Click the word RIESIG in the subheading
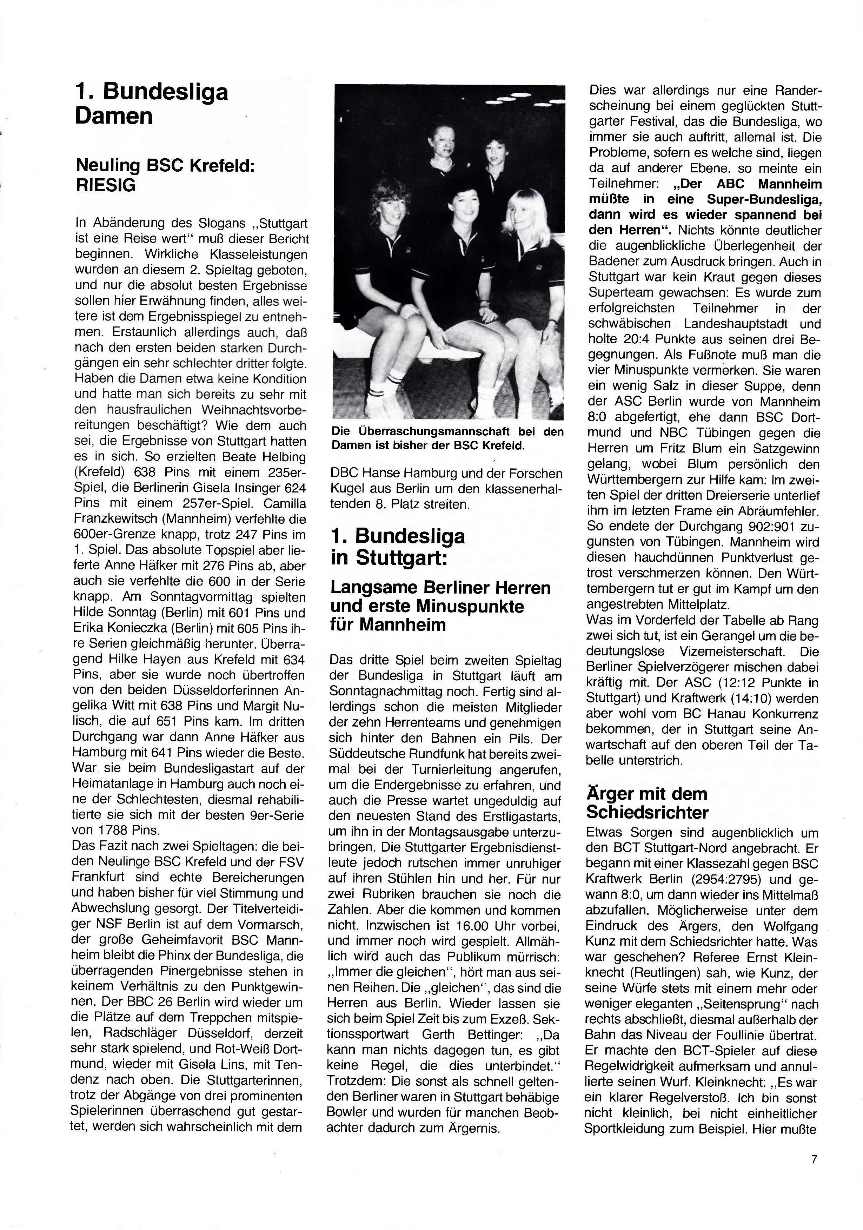(x=106, y=185)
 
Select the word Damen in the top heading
(x=114, y=116)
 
